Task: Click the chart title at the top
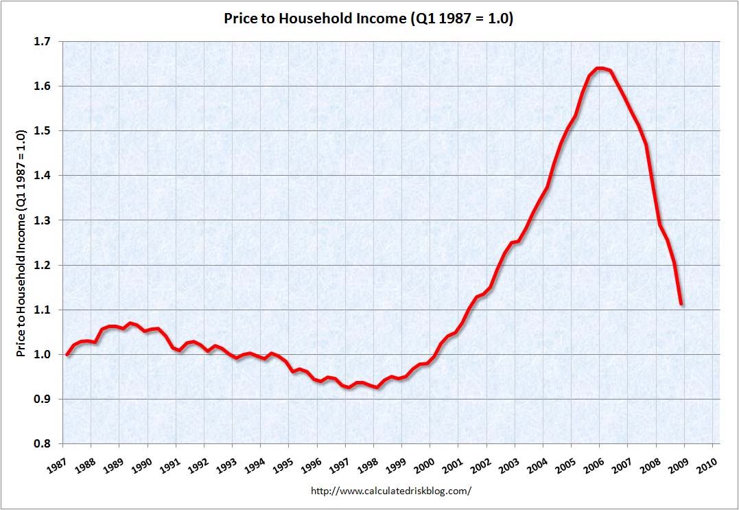pos(368,19)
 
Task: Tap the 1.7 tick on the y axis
pos(43,42)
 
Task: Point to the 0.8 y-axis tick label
pos(43,444)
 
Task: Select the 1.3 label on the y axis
pos(43,220)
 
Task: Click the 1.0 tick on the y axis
pos(43,355)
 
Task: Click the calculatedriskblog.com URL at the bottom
pos(391,491)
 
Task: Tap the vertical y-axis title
pos(21,242)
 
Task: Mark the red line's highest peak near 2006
pos(600,68)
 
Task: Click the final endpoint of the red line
pos(681,304)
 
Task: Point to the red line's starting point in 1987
pos(67,354)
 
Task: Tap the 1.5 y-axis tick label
pos(43,131)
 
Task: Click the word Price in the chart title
pos(242,19)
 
